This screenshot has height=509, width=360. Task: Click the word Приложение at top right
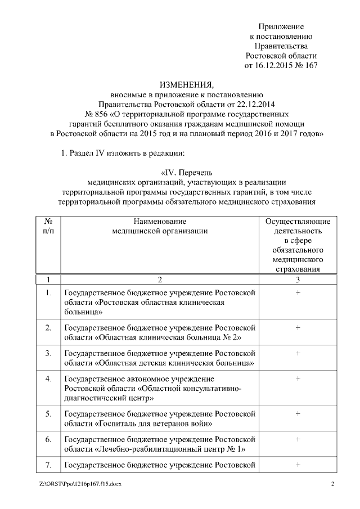tap(281, 26)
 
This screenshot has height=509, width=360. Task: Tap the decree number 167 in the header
tap(310, 66)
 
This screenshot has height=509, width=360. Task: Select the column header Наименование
tap(160, 221)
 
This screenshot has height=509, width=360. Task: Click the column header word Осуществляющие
tap(298, 221)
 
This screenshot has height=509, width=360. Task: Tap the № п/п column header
tap(48, 226)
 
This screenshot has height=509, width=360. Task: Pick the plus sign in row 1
tap(298, 292)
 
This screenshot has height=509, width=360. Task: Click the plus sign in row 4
tap(298, 379)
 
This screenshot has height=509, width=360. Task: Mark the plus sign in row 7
tap(298, 465)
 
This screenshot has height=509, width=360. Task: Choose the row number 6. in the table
tap(48, 439)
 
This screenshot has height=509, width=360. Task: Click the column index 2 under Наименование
tap(160, 280)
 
